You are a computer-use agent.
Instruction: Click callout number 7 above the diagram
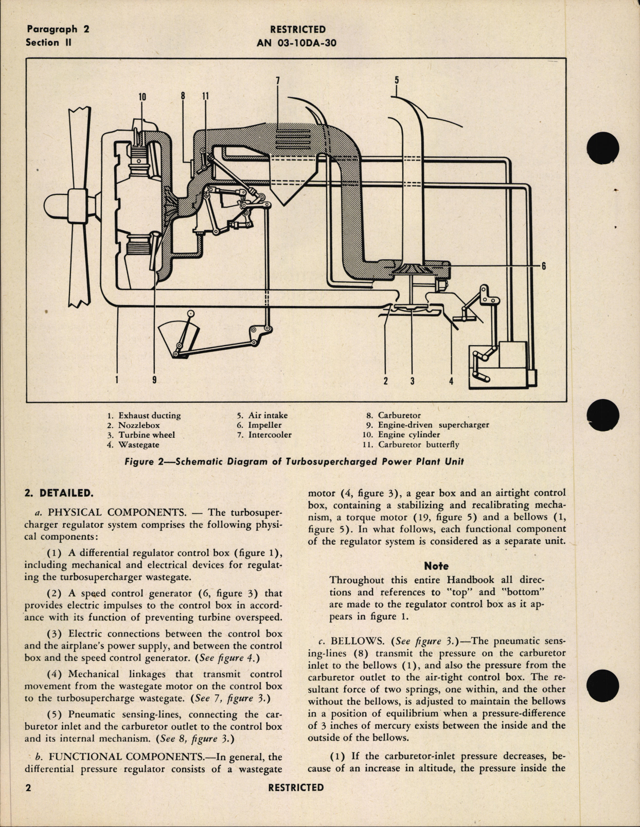click(277, 80)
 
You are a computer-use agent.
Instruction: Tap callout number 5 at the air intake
click(397, 80)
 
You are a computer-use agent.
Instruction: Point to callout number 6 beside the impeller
click(543, 266)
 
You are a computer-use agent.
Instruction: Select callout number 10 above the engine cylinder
click(142, 97)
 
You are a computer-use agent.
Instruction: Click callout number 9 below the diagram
click(154, 380)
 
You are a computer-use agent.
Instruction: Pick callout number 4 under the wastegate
click(451, 381)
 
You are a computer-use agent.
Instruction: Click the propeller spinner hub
click(58, 207)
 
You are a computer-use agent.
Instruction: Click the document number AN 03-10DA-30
click(296, 43)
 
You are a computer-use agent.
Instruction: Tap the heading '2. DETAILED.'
click(59, 493)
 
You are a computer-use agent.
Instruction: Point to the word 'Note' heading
click(436, 566)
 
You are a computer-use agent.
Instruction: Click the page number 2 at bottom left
click(29, 788)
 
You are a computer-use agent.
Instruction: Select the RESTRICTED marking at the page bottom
click(296, 788)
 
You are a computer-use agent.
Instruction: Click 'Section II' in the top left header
click(49, 43)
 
